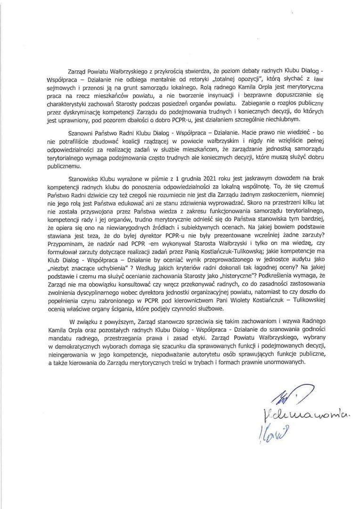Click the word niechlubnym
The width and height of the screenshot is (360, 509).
coord(276,118)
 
